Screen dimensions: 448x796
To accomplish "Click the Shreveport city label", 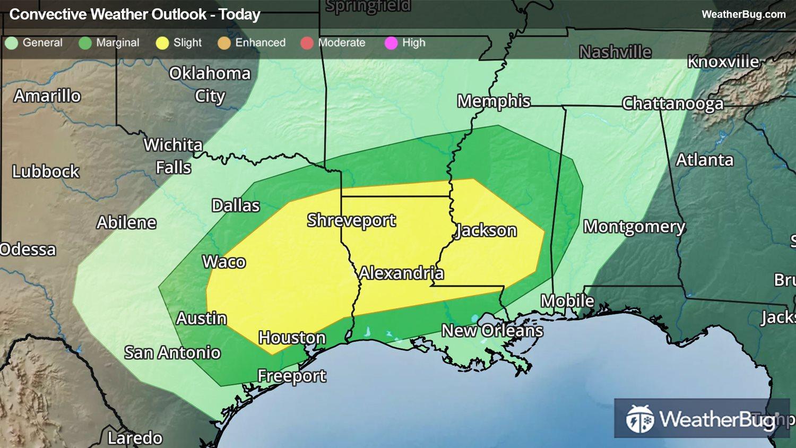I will [351, 220].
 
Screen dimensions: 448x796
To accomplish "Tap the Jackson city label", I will [486, 230].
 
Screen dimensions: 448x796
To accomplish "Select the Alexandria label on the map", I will [401, 273].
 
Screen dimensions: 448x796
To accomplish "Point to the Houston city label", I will [292, 338].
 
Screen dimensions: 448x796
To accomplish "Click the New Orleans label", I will [492, 331].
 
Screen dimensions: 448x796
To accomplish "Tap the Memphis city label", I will [494, 101].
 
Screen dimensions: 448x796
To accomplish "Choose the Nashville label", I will [615, 52].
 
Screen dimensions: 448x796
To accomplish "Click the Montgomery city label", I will [634, 227].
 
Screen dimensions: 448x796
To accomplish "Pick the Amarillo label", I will [47, 96].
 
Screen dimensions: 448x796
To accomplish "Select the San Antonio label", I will [172, 352].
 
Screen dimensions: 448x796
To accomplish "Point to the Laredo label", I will [135, 438].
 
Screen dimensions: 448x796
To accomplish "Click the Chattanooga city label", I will [672, 103].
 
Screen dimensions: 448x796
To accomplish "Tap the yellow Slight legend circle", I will [162, 43].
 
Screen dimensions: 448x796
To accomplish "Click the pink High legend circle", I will [391, 43].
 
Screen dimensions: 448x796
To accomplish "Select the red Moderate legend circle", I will [307, 43].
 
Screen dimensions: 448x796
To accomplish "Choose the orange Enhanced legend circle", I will [224, 43].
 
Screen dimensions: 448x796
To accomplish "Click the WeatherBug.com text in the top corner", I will [743, 14].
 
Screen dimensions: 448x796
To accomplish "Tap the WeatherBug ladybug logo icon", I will [640, 419].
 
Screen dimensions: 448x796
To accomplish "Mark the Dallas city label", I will [236, 205].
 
